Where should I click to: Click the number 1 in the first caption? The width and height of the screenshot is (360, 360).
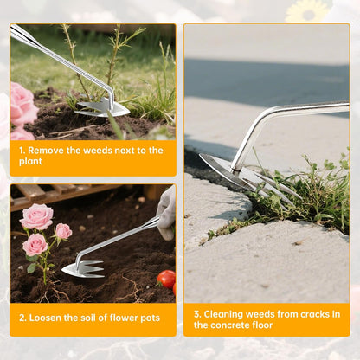22,151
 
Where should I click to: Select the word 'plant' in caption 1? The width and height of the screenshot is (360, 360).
32,163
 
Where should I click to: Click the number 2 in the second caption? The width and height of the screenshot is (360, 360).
22,318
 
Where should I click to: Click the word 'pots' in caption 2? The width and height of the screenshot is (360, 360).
147,318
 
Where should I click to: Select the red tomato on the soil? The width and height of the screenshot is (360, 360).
166,279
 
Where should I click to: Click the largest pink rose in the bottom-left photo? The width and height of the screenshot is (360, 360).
36,216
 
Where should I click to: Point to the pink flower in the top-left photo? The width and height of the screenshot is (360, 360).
22,106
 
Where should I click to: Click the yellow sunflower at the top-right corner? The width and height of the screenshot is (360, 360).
309,10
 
